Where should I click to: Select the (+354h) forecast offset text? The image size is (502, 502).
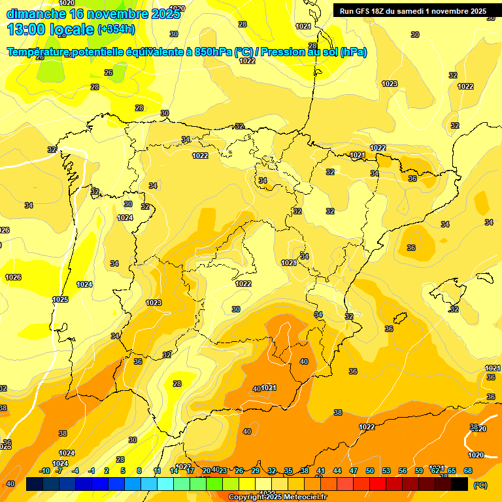click(x=116, y=29)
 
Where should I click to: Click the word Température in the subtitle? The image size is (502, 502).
click(x=39, y=52)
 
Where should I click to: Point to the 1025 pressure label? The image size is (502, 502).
click(x=60, y=299)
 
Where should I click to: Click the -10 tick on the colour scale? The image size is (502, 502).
click(x=44, y=471)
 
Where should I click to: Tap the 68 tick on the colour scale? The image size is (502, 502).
click(x=468, y=471)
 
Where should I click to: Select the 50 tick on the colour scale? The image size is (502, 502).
click(x=370, y=471)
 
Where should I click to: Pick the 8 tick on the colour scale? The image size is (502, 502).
click(x=139, y=471)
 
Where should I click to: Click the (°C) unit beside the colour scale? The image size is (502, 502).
click(x=480, y=485)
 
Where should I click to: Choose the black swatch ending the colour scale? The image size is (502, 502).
click(x=460, y=484)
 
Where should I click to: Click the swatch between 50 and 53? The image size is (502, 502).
click(x=378, y=484)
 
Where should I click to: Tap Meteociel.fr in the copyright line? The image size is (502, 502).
click(x=307, y=497)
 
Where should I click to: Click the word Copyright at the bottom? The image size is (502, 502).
click(x=246, y=497)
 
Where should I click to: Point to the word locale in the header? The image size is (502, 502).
click(x=73, y=29)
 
